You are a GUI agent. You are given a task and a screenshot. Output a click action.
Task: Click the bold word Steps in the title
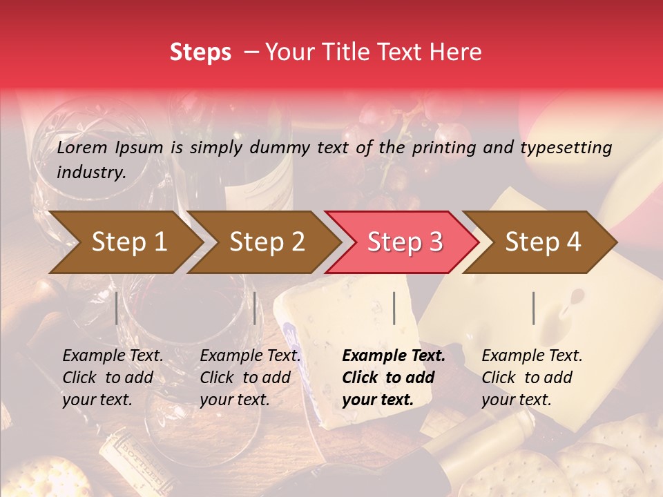click(x=200, y=52)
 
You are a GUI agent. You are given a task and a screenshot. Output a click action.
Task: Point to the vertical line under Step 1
click(x=117, y=308)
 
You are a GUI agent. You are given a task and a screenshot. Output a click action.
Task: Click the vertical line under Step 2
click(x=255, y=308)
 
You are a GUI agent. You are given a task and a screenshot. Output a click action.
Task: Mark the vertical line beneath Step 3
click(x=394, y=308)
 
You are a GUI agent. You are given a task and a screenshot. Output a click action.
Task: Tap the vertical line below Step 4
click(x=534, y=308)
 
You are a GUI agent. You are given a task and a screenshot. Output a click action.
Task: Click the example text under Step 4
click(x=532, y=378)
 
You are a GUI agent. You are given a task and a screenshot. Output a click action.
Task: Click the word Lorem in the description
click(x=82, y=147)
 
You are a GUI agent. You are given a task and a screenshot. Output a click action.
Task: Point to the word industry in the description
click(x=90, y=173)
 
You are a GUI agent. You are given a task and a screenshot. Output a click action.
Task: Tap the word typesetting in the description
click(x=566, y=148)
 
